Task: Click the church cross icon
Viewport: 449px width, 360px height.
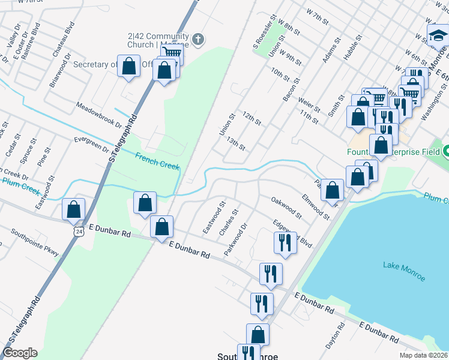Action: (x=199, y=40)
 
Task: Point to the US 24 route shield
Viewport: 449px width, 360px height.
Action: (x=79, y=230)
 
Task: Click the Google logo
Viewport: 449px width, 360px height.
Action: (x=20, y=353)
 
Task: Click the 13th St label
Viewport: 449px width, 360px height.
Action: (x=237, y=144)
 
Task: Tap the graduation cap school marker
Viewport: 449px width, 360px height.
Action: (x=438, y=37)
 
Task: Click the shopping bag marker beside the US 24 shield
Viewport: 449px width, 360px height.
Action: (x=74, y=209)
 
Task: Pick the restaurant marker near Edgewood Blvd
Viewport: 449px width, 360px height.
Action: (x=285, y=242)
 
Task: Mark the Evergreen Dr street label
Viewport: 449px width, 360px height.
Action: (x=90, y=145)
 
